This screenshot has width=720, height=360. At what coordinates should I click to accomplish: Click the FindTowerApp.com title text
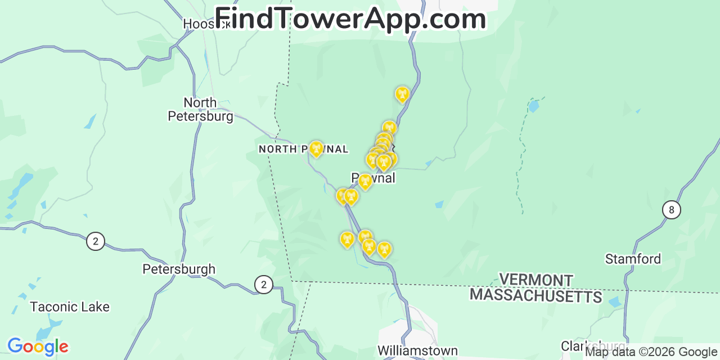(350, 19)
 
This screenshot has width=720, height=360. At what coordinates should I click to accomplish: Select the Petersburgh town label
(179, 269)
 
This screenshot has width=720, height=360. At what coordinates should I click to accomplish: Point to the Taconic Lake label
(70, 307)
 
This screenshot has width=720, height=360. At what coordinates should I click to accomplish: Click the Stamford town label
(633, 259)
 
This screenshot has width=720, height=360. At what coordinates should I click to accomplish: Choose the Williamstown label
(417, 350)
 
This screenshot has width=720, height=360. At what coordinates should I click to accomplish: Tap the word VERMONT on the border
(536, 280)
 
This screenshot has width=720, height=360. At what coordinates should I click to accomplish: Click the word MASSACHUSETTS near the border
(536, 295)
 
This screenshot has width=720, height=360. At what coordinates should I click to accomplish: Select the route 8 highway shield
(671, 210)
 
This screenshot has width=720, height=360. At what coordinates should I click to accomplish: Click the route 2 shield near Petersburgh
(263, 285)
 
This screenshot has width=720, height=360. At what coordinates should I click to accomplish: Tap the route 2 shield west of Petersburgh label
(96, 242)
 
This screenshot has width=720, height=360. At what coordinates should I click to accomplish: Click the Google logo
(38, 346)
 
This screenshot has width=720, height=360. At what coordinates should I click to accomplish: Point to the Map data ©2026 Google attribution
(651, 352)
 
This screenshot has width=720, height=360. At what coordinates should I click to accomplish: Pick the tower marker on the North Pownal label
(316, 148)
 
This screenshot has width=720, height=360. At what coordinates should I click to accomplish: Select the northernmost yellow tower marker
(402, 93)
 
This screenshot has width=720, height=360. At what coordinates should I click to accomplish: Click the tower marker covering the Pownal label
(365, 181)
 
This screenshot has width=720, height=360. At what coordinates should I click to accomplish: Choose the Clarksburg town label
(592, 345)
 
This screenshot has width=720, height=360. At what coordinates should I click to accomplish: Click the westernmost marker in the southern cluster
(347, 239)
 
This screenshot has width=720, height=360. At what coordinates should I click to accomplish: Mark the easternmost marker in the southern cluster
(384, 249)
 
